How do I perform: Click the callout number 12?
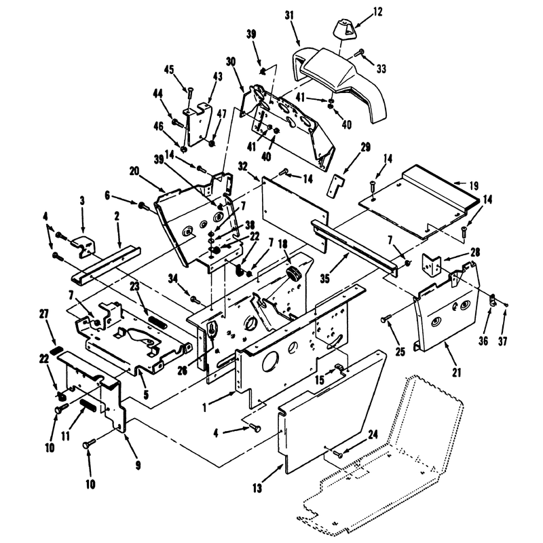378,12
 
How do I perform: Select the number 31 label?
289,15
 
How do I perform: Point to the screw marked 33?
359,53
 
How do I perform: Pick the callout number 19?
473,186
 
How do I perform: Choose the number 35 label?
324,279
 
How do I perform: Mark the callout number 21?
457,373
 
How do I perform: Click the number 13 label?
257,489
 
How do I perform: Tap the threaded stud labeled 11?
88,405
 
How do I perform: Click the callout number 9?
138,466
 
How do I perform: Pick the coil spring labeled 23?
157,322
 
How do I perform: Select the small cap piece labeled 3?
83,245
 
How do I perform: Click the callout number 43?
217,77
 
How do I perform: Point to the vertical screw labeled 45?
189,95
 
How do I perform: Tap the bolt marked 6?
143,206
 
